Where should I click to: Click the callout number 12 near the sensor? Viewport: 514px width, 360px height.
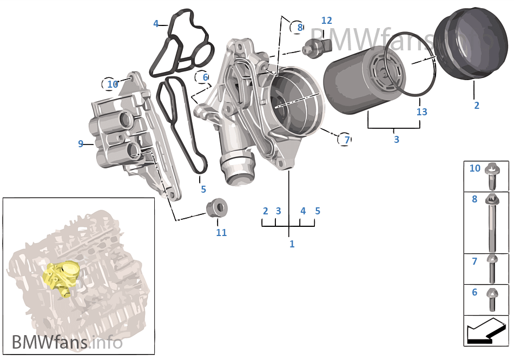pyautogui.click(x=326, y=21)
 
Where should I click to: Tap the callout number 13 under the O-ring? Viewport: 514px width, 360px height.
pyautogui.click(x=421, y=112)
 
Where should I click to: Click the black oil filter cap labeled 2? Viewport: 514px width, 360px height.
pyautogui.click(x=466, y=46)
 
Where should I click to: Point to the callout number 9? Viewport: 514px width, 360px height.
pyautogui.click(x=81, y=144)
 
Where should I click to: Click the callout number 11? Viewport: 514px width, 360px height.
pyautogui.click(x=221, y=233)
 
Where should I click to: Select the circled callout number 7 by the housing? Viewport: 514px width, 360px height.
pyautogui.click(x=347, y=140)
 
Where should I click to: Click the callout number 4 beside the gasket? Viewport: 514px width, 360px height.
pyautogui.click(x=156, y=24)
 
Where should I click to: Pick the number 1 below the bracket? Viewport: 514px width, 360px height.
pyautogui.click(x=292, y=244)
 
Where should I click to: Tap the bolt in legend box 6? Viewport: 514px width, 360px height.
pyautogui.click(x=493, y=299)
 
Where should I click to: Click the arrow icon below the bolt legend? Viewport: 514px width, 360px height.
pyautogui.click(x=486, y=331)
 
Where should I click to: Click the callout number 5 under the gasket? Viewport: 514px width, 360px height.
pyautogui.click(x=203, y=189)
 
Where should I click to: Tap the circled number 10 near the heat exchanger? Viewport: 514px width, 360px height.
pyautogui.click(x=113, y=84)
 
